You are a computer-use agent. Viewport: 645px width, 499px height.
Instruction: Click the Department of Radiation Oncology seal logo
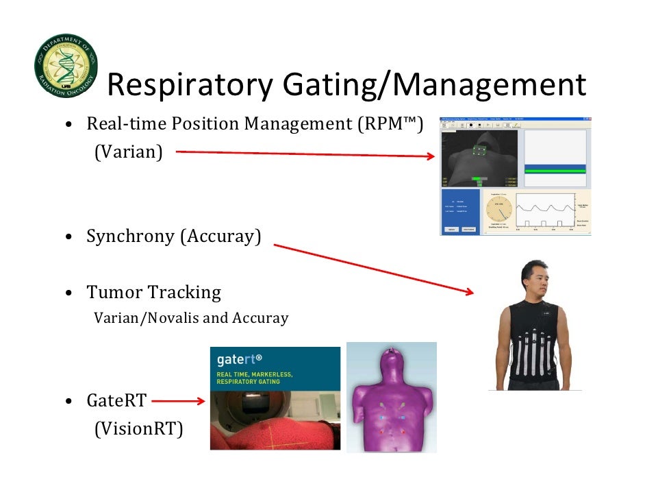tap(66, 65)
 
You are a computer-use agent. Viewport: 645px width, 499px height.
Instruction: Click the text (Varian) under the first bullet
tap(128, 152)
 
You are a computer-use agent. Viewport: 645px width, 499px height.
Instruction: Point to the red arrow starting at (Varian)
tap(305, 154)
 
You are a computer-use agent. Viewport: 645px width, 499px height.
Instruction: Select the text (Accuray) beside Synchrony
tap(220, 236)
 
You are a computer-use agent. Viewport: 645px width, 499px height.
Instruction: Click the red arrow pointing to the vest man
tap(373, 268)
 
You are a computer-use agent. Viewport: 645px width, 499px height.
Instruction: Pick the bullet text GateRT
tap(116, 400)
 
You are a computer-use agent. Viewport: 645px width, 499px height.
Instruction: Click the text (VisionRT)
tap(138, 429)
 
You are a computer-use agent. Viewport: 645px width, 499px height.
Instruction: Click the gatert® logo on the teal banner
tap(240, 358)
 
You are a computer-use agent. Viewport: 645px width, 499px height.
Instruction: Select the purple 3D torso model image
tap(391, 398)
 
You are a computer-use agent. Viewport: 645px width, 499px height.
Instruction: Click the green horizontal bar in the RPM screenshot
tap(555, 169)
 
